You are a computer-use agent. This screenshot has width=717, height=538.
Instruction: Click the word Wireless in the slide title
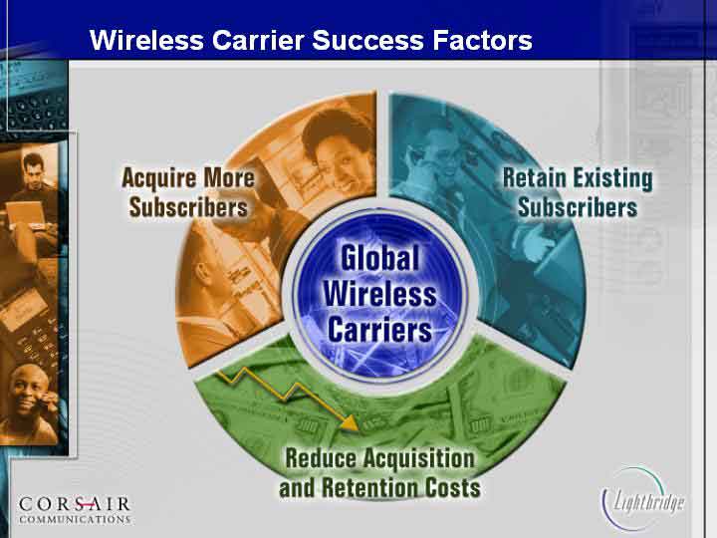pyautogui.click(x=146, y=40)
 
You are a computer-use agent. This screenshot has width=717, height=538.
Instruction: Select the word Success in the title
pyautogui.click(x=368, y=40)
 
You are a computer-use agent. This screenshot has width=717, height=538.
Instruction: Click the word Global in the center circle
pyautogui.click(x=380, y=258)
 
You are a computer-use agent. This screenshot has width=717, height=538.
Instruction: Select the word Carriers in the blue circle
pyautogui.click(x=380, y=330)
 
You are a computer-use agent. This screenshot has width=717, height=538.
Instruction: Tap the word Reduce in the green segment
pyautogui.click(x=320, y=458)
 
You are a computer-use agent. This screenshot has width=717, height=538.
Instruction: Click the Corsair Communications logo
pyautogui.click(x=76, y=510)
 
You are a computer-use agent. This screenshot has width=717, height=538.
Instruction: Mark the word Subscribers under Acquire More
pyautogui.click(x=188, y=207)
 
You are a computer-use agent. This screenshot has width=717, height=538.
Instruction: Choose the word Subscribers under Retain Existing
pyautogui.click(x=578, y=207)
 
